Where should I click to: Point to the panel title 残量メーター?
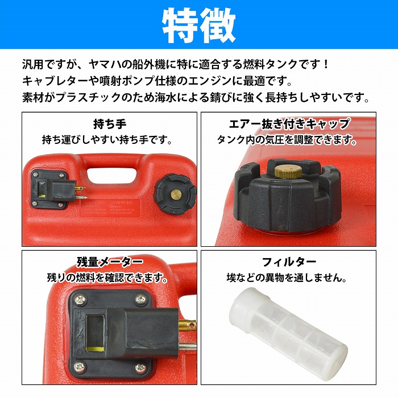110,263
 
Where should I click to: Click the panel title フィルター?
288,263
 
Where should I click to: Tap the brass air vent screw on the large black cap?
284,170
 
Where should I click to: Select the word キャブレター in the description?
54,81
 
